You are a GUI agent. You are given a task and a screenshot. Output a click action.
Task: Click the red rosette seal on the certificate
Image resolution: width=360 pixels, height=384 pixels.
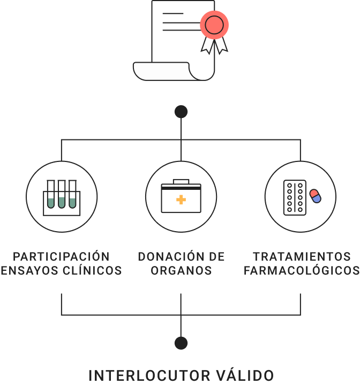[214, 24]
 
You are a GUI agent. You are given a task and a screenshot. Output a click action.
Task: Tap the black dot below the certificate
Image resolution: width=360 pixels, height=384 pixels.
[181, 112]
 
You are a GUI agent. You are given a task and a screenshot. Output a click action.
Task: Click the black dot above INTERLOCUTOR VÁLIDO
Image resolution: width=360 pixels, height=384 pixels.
[181, 343]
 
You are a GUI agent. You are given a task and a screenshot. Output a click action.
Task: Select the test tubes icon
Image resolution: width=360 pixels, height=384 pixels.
[62, 197]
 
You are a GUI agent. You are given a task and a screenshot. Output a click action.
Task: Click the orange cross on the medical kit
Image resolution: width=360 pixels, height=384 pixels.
[181, 200]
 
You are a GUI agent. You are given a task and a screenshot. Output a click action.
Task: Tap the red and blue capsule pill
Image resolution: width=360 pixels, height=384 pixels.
[315, 196]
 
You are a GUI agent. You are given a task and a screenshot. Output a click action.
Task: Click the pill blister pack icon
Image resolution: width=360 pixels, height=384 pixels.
[295, 197]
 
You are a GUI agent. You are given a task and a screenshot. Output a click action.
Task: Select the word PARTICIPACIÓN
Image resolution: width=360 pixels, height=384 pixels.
[61, 257]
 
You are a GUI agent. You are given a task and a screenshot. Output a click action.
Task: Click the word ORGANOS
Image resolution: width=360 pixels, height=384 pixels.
[181, 271]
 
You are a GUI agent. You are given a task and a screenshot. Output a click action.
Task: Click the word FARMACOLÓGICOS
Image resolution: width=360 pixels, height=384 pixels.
[302, 271]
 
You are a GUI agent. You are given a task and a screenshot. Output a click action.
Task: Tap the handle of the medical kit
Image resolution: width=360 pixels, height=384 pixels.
[181, 181]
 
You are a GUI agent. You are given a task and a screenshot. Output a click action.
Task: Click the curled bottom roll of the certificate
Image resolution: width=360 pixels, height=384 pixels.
[161, 71]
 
